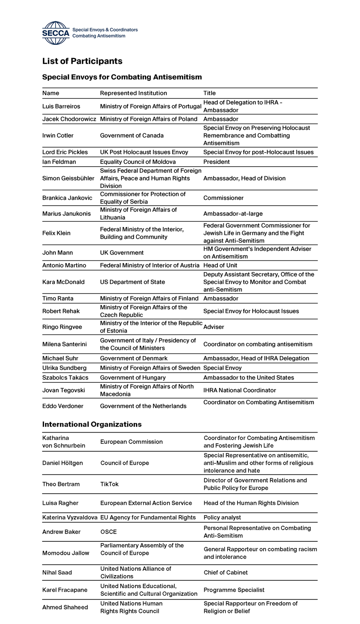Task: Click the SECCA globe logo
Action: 56,33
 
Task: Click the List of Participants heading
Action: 82,61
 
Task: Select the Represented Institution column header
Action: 133,93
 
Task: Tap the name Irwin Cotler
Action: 58,136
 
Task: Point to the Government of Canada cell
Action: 132,136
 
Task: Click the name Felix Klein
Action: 56,233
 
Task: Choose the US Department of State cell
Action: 132,282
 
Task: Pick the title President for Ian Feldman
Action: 216,162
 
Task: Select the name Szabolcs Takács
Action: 65,378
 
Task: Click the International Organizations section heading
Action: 92,424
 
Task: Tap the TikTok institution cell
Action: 109,484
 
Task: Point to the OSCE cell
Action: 109,532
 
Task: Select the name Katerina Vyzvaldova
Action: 70,518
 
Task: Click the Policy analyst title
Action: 222,518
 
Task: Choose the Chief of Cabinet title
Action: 225,573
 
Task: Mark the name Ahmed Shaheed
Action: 65,607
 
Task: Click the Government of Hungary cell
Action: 133,378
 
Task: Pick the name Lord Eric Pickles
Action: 65,152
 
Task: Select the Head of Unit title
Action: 220,265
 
